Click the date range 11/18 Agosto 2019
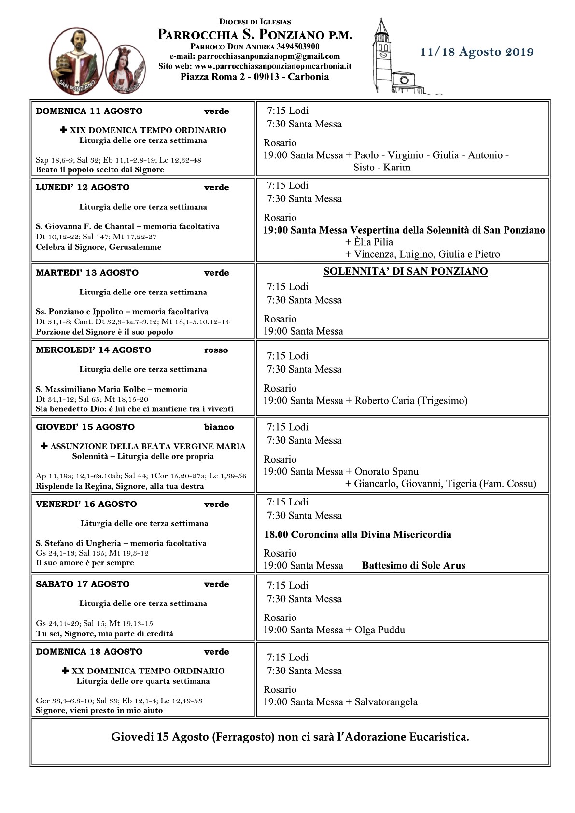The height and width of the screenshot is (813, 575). (477, 52)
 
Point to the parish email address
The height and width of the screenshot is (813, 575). (254, 56)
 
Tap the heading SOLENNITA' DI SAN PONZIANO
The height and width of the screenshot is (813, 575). (406, 271)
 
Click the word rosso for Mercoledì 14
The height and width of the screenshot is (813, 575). (216, 350)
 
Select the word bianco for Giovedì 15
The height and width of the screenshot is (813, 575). (219, 427)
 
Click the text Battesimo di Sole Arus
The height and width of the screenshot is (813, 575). (413, 565)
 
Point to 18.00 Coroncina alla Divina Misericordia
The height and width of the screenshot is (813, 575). (357, 534)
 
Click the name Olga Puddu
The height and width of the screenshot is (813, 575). (379, 630)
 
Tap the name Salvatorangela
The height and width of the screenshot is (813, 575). (386, 702)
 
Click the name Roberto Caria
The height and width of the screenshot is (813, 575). (384, 400)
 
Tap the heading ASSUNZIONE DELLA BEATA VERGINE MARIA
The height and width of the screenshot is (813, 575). (148, 447)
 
